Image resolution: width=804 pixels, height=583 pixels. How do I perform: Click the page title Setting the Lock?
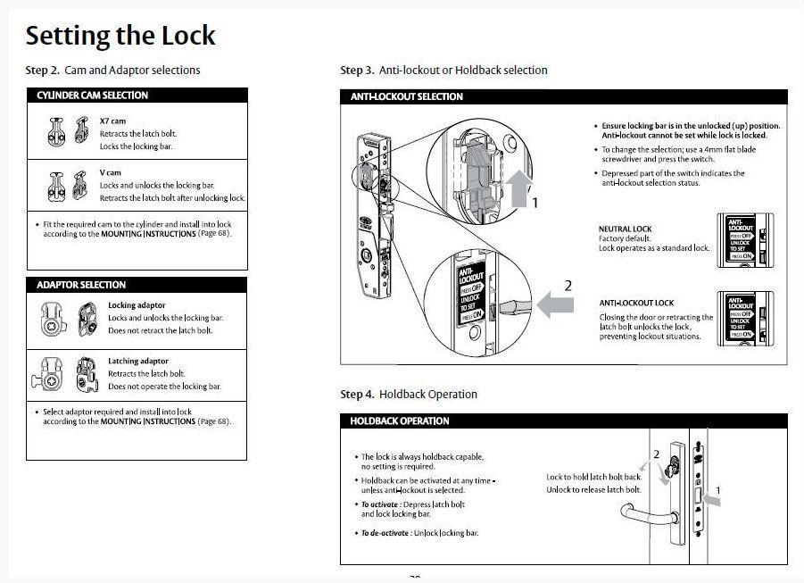120,36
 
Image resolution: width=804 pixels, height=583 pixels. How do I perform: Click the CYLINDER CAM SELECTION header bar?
137,96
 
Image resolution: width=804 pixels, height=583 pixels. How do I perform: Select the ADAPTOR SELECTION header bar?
137,285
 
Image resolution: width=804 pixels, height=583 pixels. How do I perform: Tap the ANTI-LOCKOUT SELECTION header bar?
563,96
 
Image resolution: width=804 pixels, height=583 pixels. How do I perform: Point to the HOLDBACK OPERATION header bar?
563,421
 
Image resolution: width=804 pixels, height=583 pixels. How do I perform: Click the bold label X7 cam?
112,121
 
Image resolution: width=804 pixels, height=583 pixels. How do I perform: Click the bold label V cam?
110,172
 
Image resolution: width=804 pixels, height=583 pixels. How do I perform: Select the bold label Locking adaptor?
137,305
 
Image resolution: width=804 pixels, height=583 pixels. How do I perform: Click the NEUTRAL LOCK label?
625,229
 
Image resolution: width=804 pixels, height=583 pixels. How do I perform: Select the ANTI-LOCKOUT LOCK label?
636,304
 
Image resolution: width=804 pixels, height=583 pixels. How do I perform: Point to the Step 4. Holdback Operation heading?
409,394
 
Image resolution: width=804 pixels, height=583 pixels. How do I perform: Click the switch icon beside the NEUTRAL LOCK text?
744,237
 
